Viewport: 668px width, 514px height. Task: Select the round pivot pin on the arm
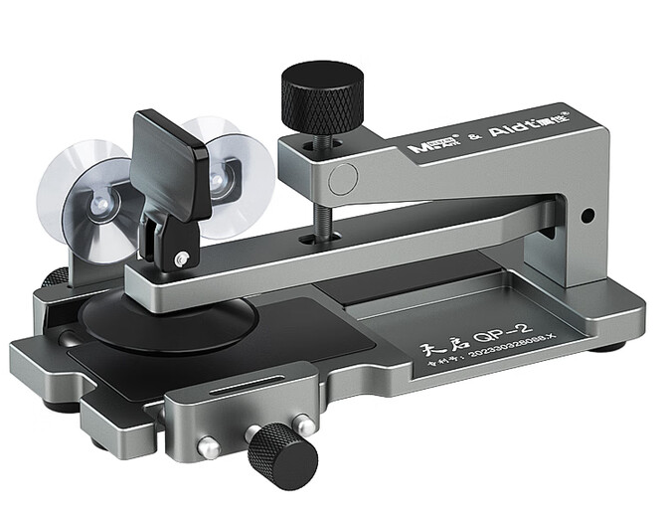(343, 179)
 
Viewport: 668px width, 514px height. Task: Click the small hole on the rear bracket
(587, 214)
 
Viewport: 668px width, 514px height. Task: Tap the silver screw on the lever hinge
(181, 259)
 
